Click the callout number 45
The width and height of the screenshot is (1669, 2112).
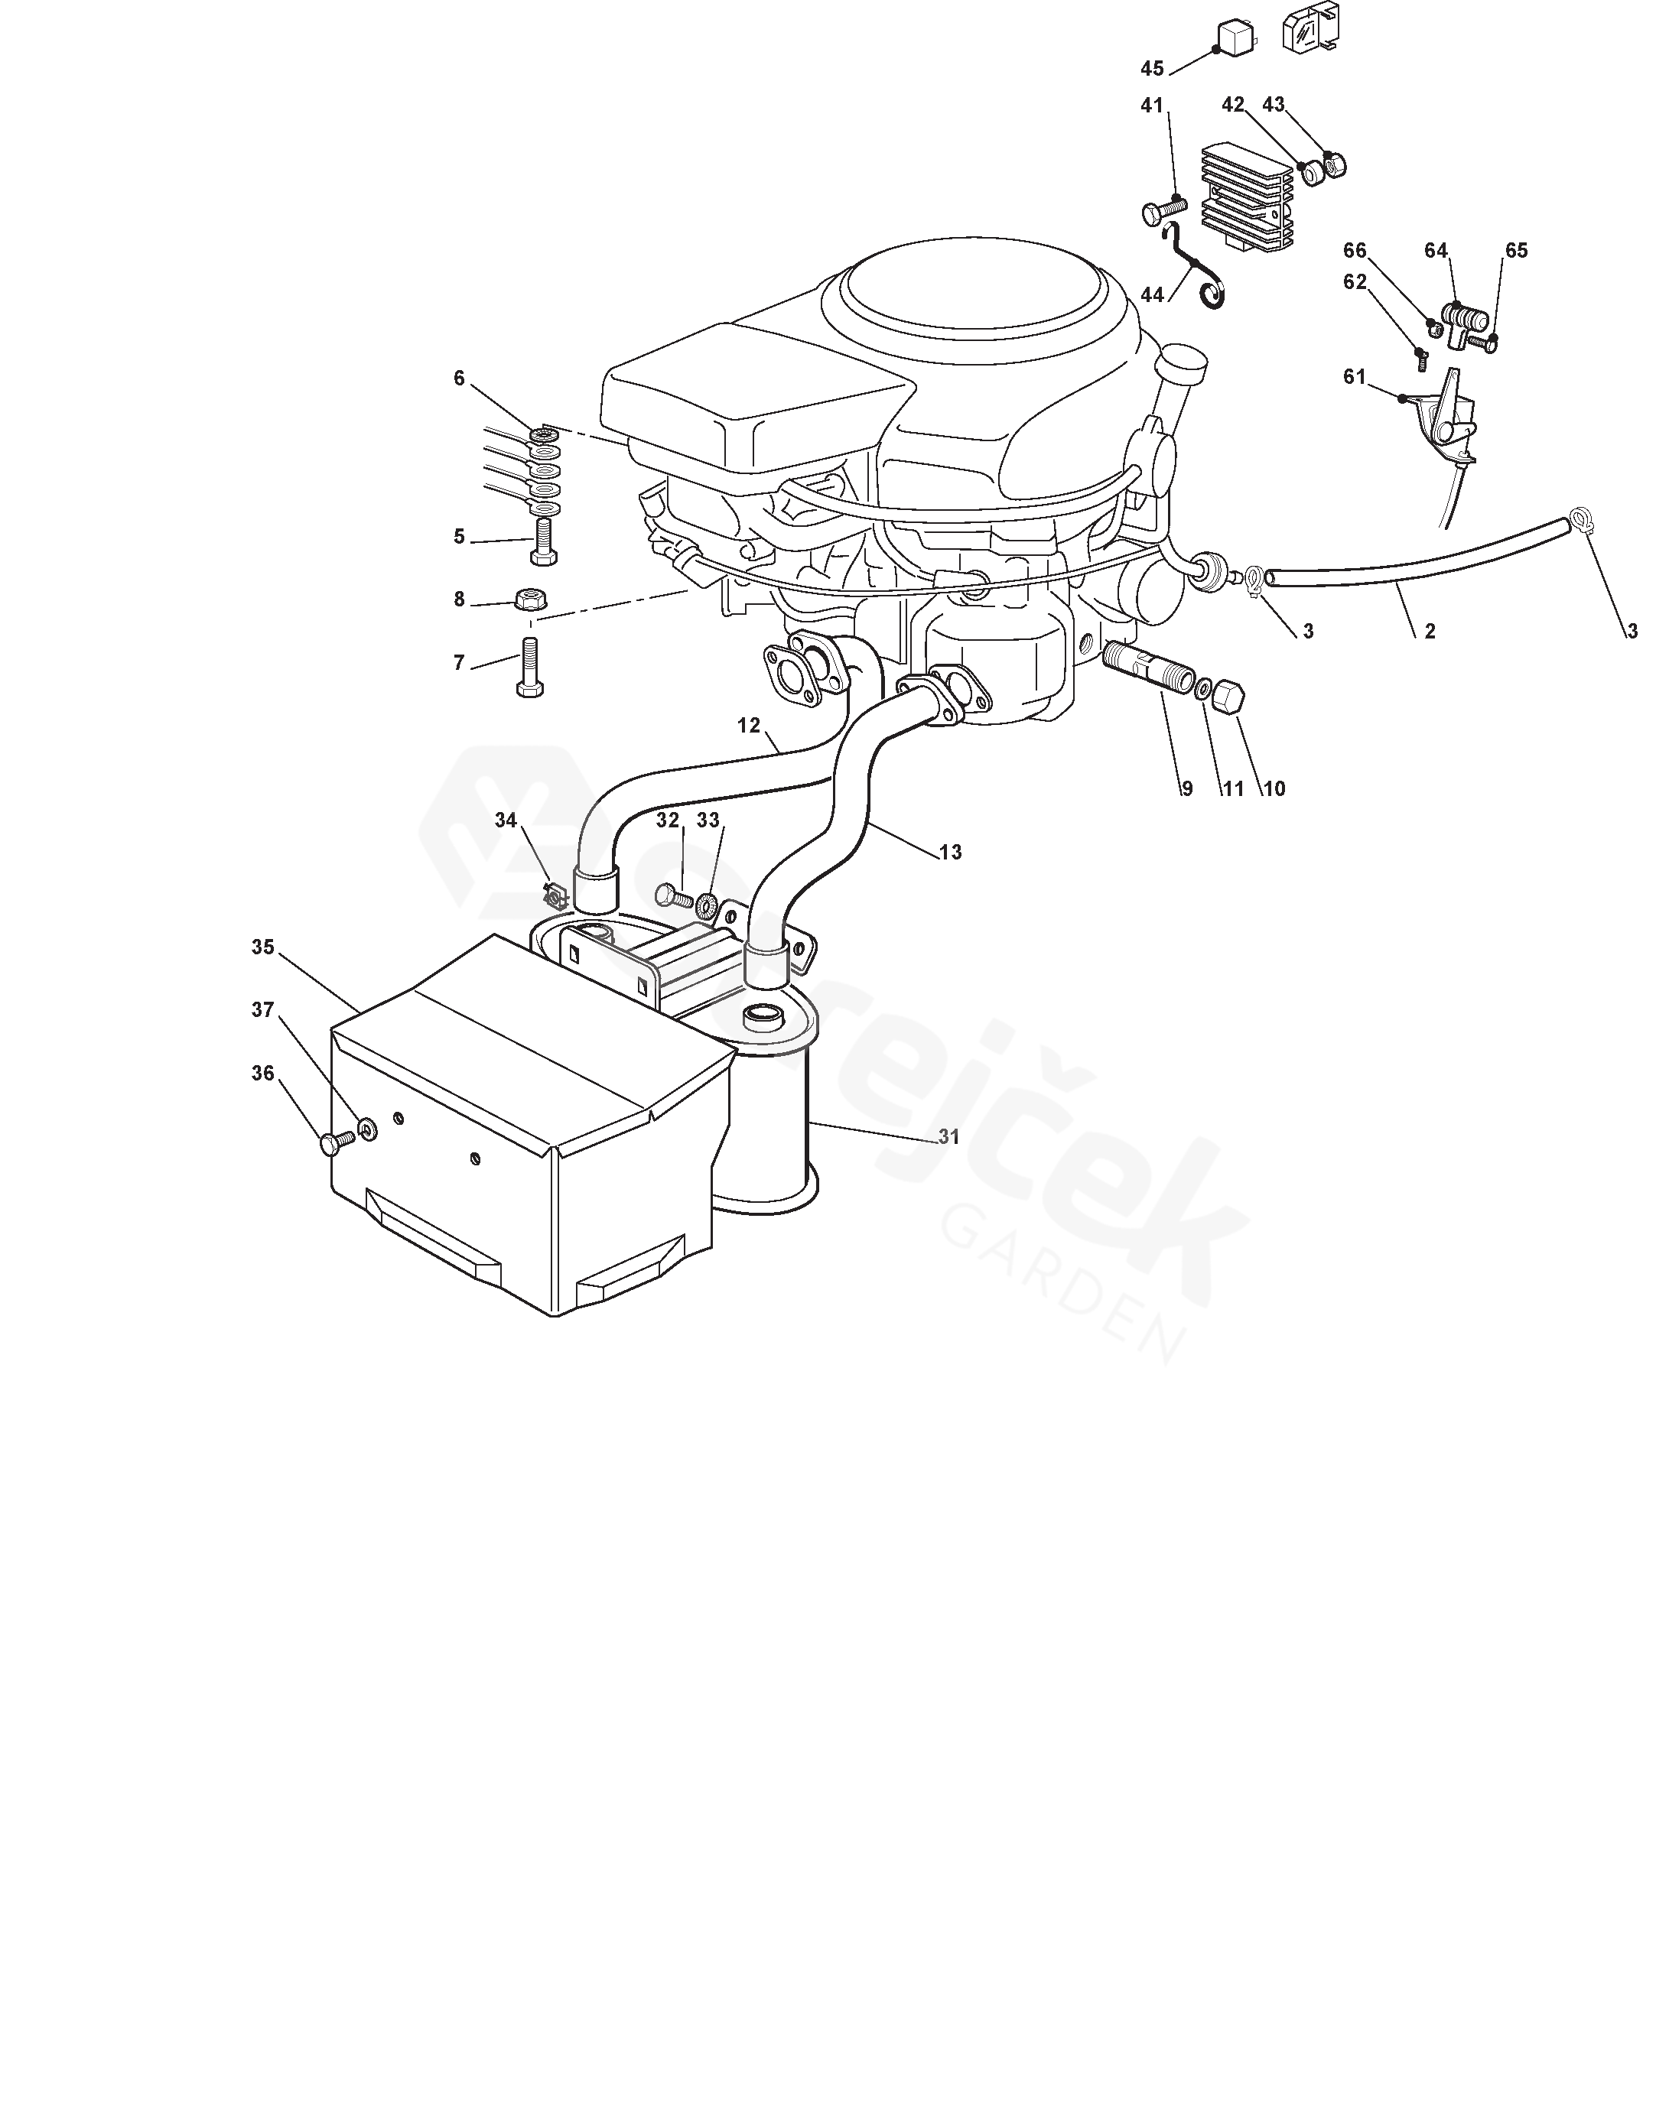point(1152,68)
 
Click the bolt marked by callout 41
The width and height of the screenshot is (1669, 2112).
point(1162,208)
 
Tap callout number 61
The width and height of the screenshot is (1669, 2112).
point(1355,377)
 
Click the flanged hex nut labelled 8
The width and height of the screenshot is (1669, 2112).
point(529,597)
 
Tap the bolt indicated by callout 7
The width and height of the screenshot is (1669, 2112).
point(529,668)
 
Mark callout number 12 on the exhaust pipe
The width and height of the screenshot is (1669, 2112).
point(749,726)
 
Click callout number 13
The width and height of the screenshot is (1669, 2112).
point(950,852)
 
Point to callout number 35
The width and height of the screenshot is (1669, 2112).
point(263,947)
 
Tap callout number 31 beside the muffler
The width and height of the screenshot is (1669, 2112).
point(948,1137)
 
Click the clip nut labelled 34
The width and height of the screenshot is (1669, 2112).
point(555,893)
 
